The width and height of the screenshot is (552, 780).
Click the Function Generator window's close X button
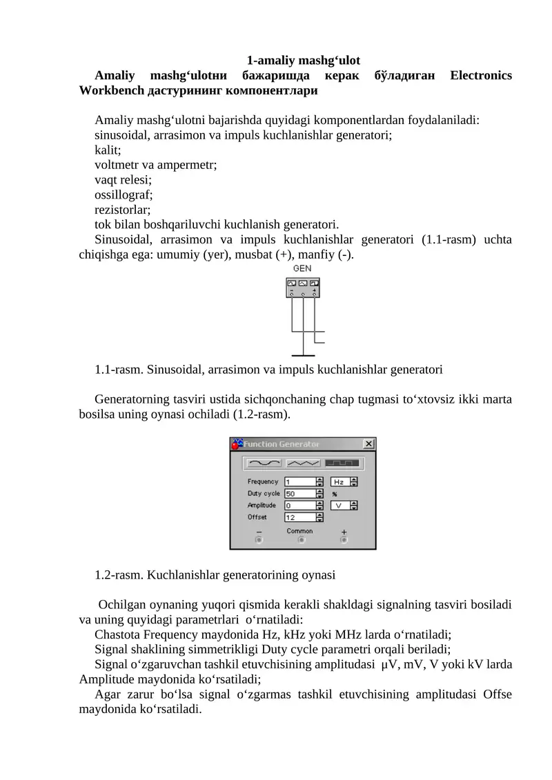coord(368,444)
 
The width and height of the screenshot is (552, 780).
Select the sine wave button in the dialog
coord(264,462)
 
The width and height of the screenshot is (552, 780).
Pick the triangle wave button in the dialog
coord(304,462)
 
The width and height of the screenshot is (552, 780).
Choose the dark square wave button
coord(342,462)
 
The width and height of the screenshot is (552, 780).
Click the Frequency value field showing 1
coord(299,482)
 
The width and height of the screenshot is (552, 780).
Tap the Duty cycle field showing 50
coord(299,494)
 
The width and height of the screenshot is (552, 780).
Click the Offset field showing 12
coord(299,517)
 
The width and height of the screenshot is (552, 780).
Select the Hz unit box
coord(340,482)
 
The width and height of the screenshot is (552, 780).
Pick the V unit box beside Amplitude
coord(340,506)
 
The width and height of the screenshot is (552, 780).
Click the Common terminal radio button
coord(302,541)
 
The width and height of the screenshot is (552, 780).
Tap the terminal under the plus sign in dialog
coord(344,541)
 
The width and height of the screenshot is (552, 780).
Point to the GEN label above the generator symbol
coord(302,268)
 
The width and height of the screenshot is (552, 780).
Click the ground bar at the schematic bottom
coord(304,353)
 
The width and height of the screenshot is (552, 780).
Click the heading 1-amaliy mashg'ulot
coord(304,61)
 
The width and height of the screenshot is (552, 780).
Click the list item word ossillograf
coord(124,194)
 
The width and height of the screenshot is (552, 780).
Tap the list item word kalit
coord(108,150)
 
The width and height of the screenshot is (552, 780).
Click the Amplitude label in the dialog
coord(262,506)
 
